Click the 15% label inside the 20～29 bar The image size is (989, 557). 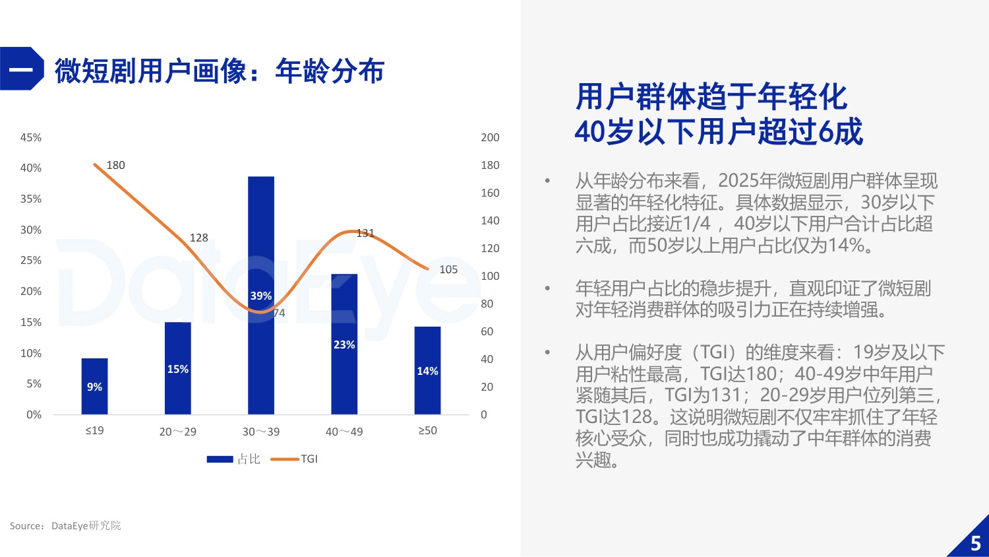178,369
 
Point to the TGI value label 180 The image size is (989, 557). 115,165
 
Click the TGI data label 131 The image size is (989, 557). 365,233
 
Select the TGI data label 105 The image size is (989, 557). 448,269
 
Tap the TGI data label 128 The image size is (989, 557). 198,238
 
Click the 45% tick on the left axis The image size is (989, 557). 31,137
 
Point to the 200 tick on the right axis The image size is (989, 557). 490,137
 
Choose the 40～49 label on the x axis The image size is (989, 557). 344,432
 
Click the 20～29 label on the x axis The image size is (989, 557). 178,432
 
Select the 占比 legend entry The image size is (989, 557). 234,459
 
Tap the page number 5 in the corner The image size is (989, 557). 976,543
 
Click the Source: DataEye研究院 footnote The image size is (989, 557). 65,526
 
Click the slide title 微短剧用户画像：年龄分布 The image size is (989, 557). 219,71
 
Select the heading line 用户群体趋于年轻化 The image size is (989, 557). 711,97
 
